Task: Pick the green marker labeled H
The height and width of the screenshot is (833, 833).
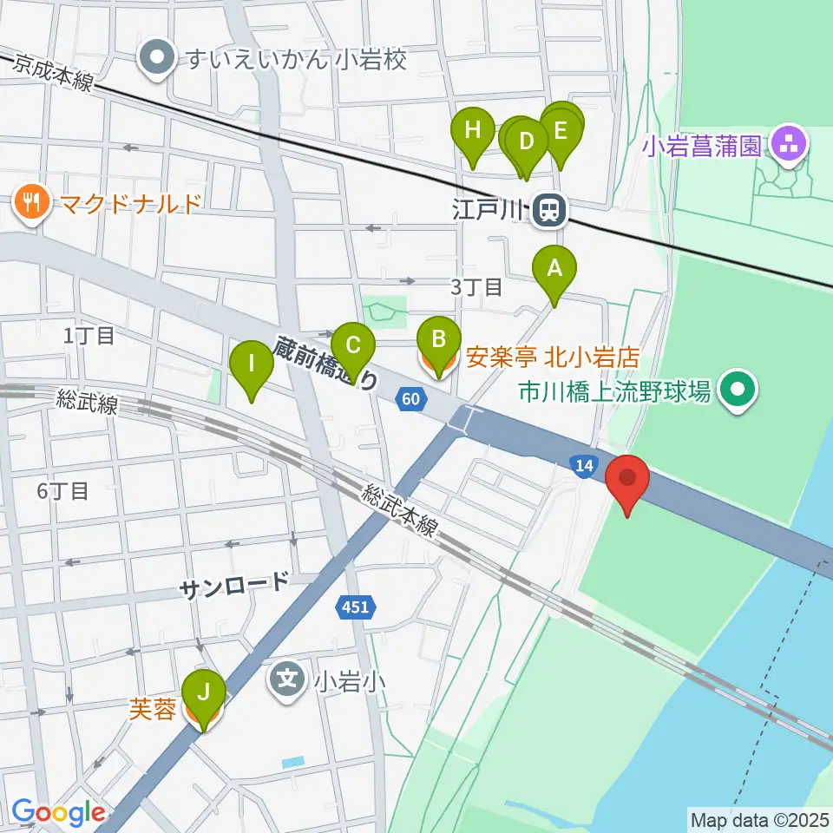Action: tap(473, 132)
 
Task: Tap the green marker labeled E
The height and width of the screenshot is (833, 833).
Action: tap(561, 132)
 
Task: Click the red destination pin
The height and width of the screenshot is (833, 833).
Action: tap(630, 481)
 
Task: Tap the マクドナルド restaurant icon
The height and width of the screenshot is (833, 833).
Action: tap(33, 205)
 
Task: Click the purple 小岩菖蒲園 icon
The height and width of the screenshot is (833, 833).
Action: tap(789, 145)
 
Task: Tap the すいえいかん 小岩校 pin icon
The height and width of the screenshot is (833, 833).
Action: tap(158, 59)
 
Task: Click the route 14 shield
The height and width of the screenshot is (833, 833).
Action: tap(585, 467)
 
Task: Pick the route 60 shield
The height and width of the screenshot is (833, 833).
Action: tap(413, 398)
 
